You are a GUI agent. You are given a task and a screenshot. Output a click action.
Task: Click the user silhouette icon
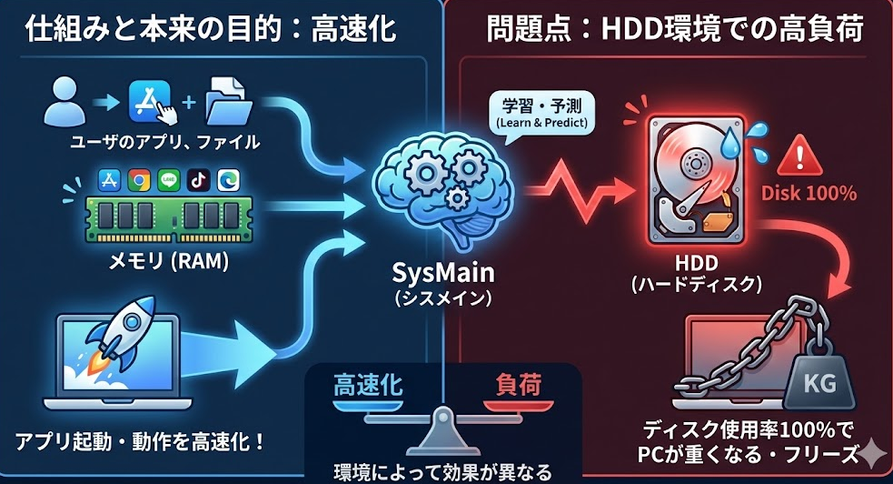[x=64, y=101]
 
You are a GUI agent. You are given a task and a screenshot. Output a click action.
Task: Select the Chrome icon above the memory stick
[x=139, y=179]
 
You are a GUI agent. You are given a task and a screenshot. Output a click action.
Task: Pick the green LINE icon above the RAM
[x=168, y=179]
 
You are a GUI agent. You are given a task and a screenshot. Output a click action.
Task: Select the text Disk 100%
[x=809, y=193]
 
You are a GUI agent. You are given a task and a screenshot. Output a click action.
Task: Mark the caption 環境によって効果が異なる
[x=443, y=471]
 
